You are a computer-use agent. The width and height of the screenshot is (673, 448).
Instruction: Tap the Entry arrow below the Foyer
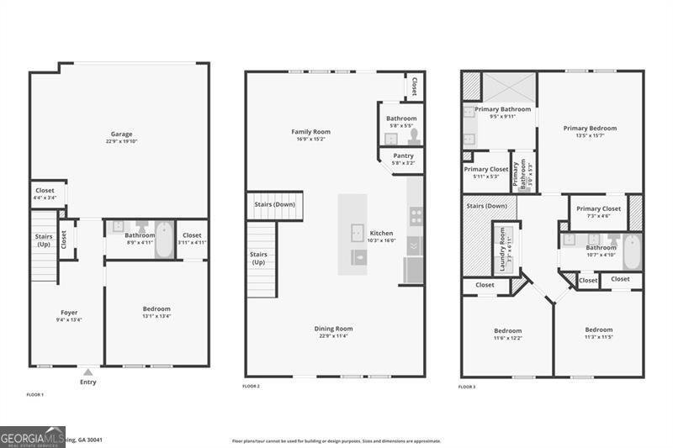[87, 372]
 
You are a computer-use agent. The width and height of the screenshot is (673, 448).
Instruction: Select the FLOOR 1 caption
[35, 394]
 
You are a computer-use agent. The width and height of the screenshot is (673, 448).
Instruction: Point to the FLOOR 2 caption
[251, 386]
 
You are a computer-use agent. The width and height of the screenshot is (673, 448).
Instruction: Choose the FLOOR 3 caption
[467, 387]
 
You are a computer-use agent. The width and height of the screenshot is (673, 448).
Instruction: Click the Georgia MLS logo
[32, 436]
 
